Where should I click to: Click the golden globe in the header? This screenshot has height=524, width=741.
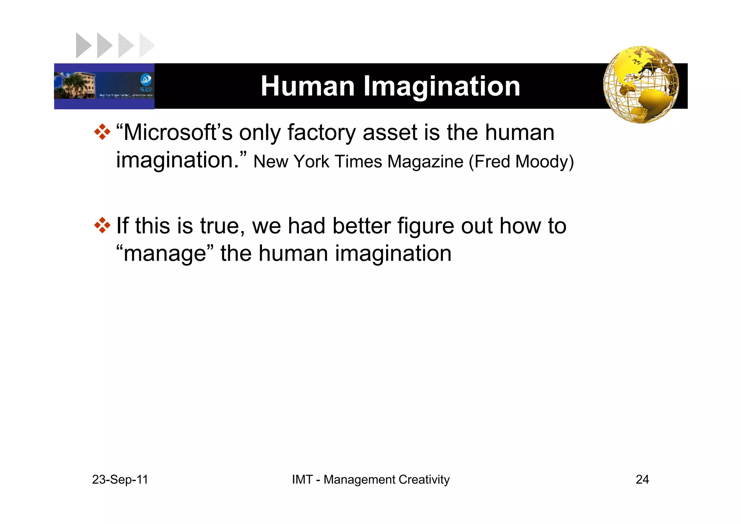coord(641,84)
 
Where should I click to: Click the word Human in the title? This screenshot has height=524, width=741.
coord(308,86)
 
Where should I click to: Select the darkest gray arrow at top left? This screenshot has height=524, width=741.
coord(83,45)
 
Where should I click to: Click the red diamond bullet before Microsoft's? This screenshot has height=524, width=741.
coord(102,132)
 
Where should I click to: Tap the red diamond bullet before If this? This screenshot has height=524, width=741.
coord(102,225)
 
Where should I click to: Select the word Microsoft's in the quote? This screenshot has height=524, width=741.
coord(177,133)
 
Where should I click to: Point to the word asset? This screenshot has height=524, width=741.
coord(390,133)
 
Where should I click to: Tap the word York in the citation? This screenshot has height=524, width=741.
coord(311,162)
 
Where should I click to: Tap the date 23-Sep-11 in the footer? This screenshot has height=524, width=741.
coord(120,479)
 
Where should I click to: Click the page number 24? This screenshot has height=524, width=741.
coord(642,479)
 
